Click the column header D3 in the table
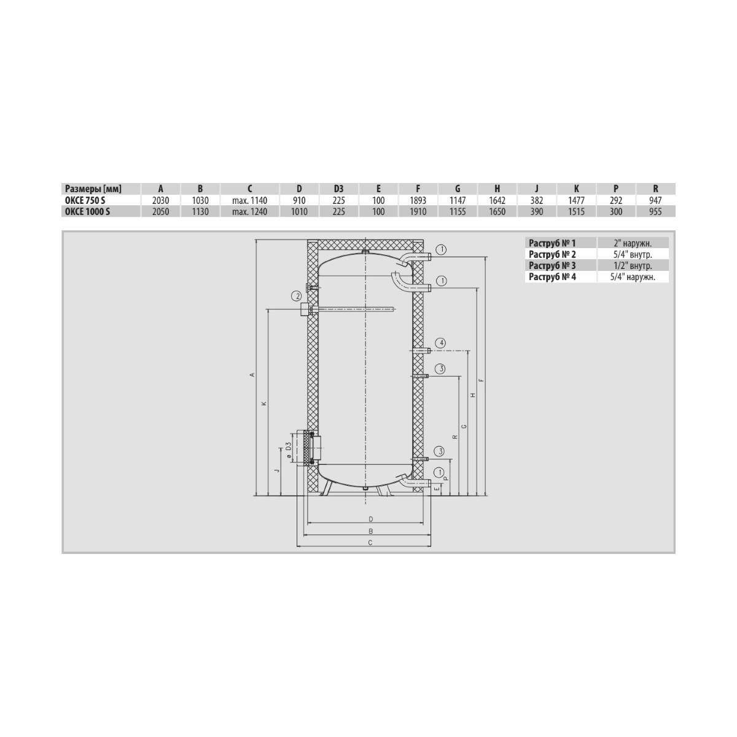click(338, 189)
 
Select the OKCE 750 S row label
click(85, 200)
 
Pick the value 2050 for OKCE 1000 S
click(161, 211)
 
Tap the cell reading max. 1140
click(250, 200)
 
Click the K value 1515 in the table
click(576, 211)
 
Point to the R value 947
click(655, 200)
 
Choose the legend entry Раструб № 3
click(552, 265)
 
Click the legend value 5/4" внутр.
click(633, 254)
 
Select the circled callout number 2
click(296, 295)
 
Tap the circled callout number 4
click(442, 343)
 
